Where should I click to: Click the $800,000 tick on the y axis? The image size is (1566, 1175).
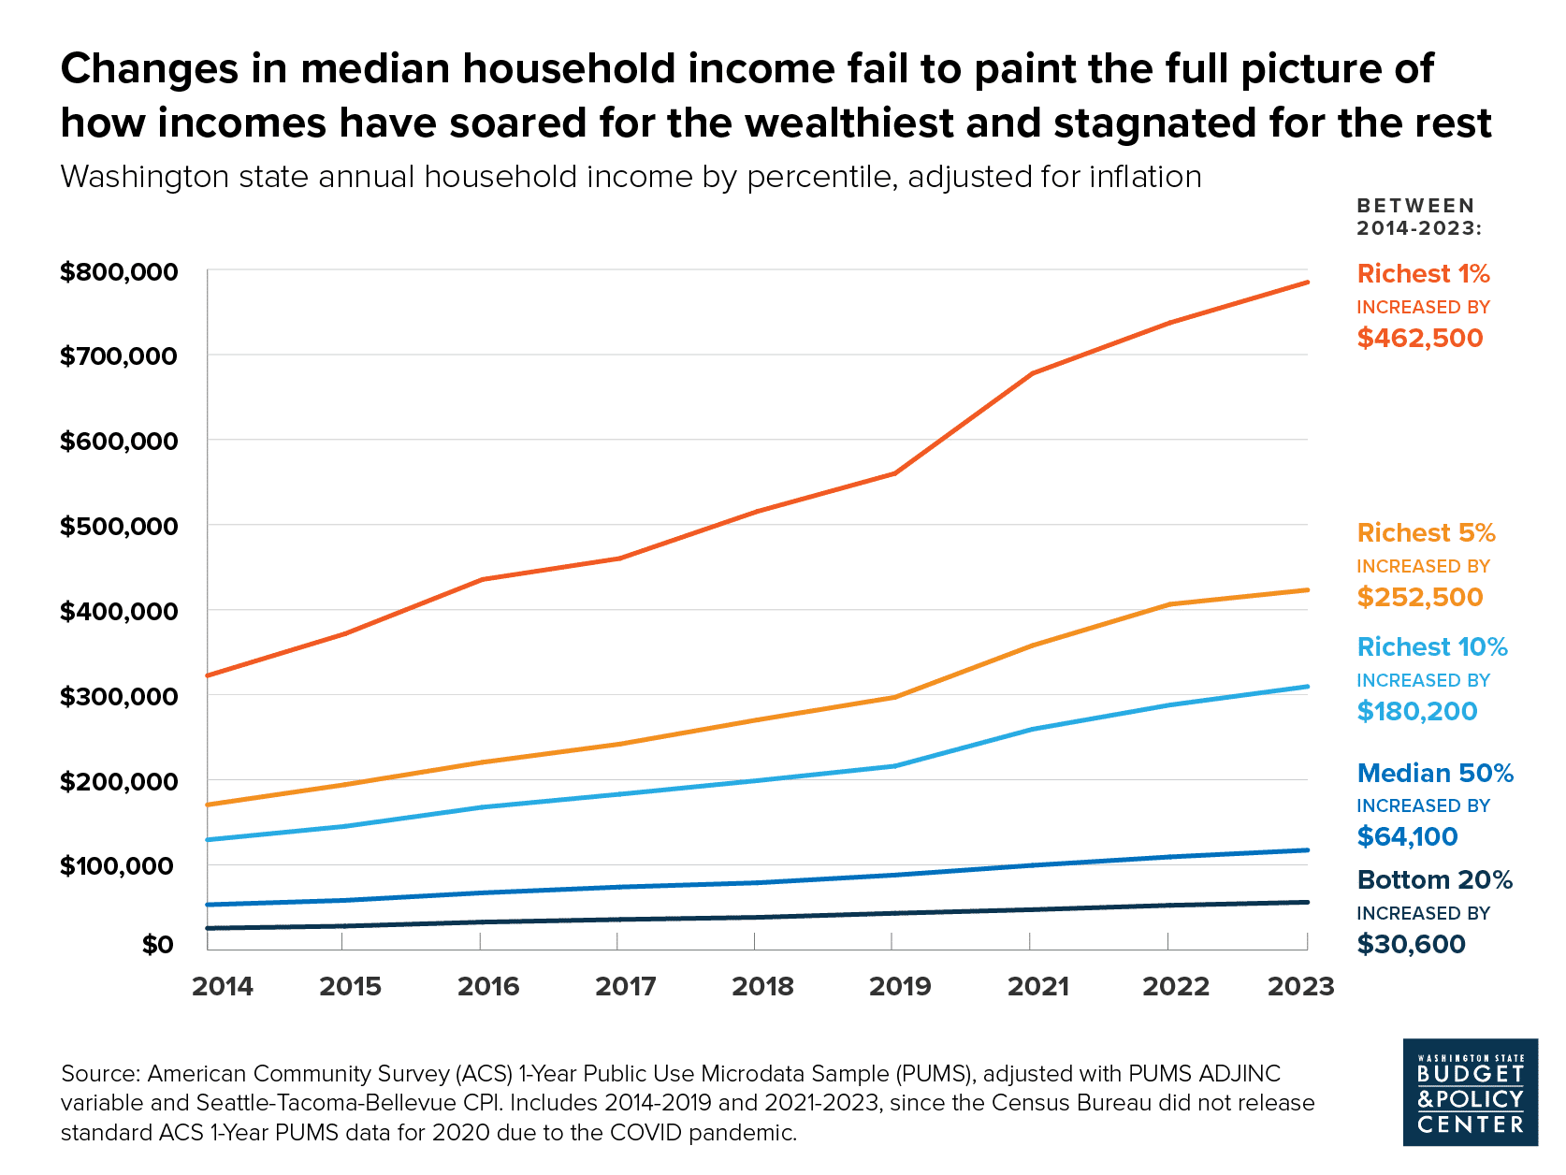(118, 272)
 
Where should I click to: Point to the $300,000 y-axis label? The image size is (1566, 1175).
(118, 696)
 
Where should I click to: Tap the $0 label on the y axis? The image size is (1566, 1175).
(157, 945)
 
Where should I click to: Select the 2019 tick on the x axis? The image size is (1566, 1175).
(900, 986)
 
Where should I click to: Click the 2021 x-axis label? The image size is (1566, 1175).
(1037, 986)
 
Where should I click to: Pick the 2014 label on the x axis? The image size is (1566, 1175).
(222, 986)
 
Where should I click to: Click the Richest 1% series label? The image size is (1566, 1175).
(1423, 274)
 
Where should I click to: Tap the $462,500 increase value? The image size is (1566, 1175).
(1420, 338)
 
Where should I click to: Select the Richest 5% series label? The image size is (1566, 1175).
(1426, 533)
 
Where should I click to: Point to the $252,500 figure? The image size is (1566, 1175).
(1420, 597)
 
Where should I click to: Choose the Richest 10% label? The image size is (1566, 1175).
(1432, 647)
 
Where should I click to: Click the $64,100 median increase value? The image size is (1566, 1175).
(1407, 836)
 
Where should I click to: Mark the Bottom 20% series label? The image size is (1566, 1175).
(1434, 880)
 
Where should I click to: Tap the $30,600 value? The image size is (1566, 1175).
(1411, 944)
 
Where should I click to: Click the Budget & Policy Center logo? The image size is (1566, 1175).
(1470, 1092)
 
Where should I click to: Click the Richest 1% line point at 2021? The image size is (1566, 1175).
(1031, 374)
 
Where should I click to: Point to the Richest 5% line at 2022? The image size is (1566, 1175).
(1169, 604)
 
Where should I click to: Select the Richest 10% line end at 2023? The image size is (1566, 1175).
(1307, 687)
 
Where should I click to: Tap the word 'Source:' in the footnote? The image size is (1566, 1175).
(100, 1074)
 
